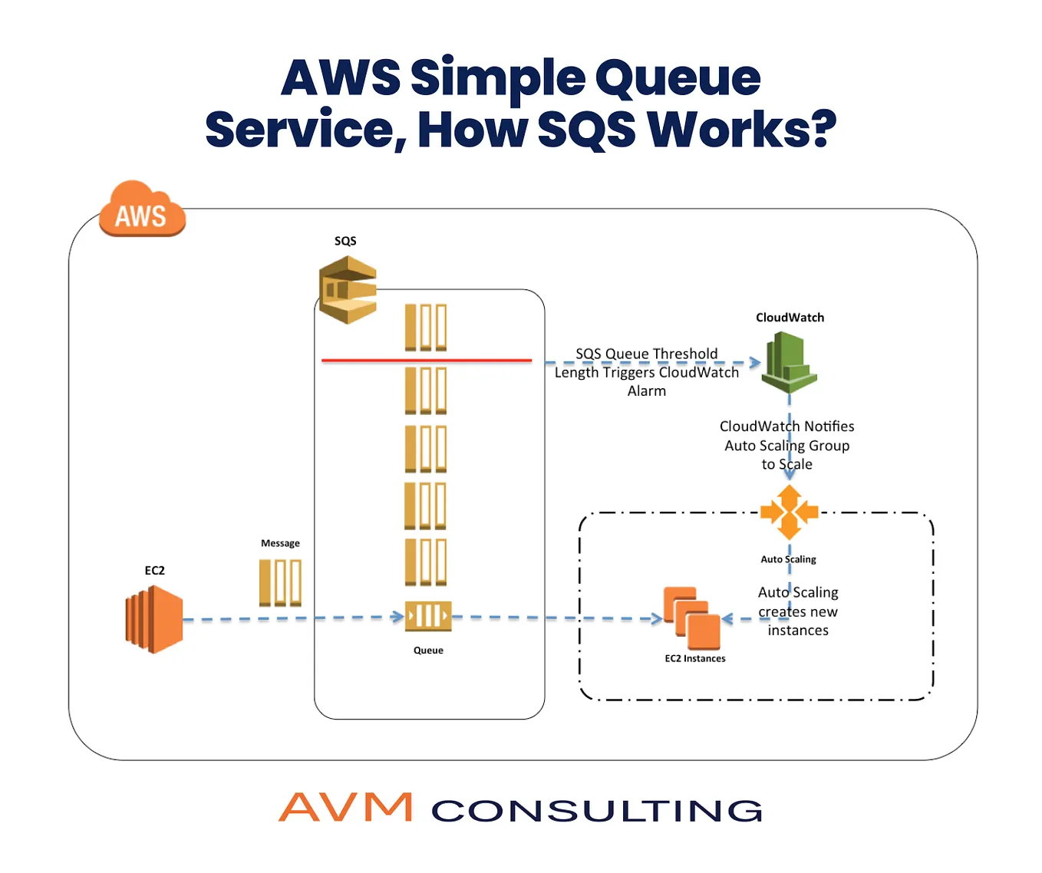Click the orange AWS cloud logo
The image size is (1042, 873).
[142, 209]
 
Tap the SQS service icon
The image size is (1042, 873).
[348, 289]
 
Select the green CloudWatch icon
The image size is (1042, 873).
[789, 361]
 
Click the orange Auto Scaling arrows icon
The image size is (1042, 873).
[789, 512]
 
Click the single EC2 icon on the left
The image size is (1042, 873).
[154, 619]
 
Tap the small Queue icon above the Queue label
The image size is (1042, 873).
[428, 616]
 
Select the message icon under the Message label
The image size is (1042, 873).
[280, 582]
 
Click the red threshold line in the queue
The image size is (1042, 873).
[427, 360]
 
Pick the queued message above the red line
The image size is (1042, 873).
[426, 328]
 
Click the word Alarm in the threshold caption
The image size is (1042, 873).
[647, 391]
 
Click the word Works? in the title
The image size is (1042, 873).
[741, 130]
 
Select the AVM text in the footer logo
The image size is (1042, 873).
[345, 808]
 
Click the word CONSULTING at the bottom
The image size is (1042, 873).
[597, 811]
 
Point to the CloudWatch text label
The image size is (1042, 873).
[790, 318]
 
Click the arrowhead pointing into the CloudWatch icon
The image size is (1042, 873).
[755, 362]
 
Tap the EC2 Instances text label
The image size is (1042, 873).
[694, 658]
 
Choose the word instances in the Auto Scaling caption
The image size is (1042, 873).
[798, 631]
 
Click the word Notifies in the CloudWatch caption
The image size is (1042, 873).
[829, 427]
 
